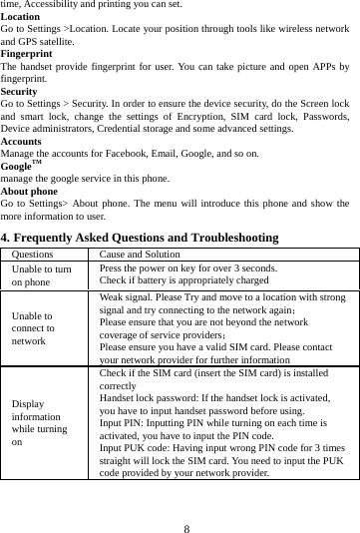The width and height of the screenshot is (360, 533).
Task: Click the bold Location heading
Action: coord(21,17)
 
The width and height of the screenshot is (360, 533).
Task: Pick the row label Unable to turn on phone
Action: coord(41,276)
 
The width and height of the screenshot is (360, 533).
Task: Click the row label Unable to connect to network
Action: coord(35,328)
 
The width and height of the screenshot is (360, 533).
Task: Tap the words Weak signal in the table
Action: coord(125,296)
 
